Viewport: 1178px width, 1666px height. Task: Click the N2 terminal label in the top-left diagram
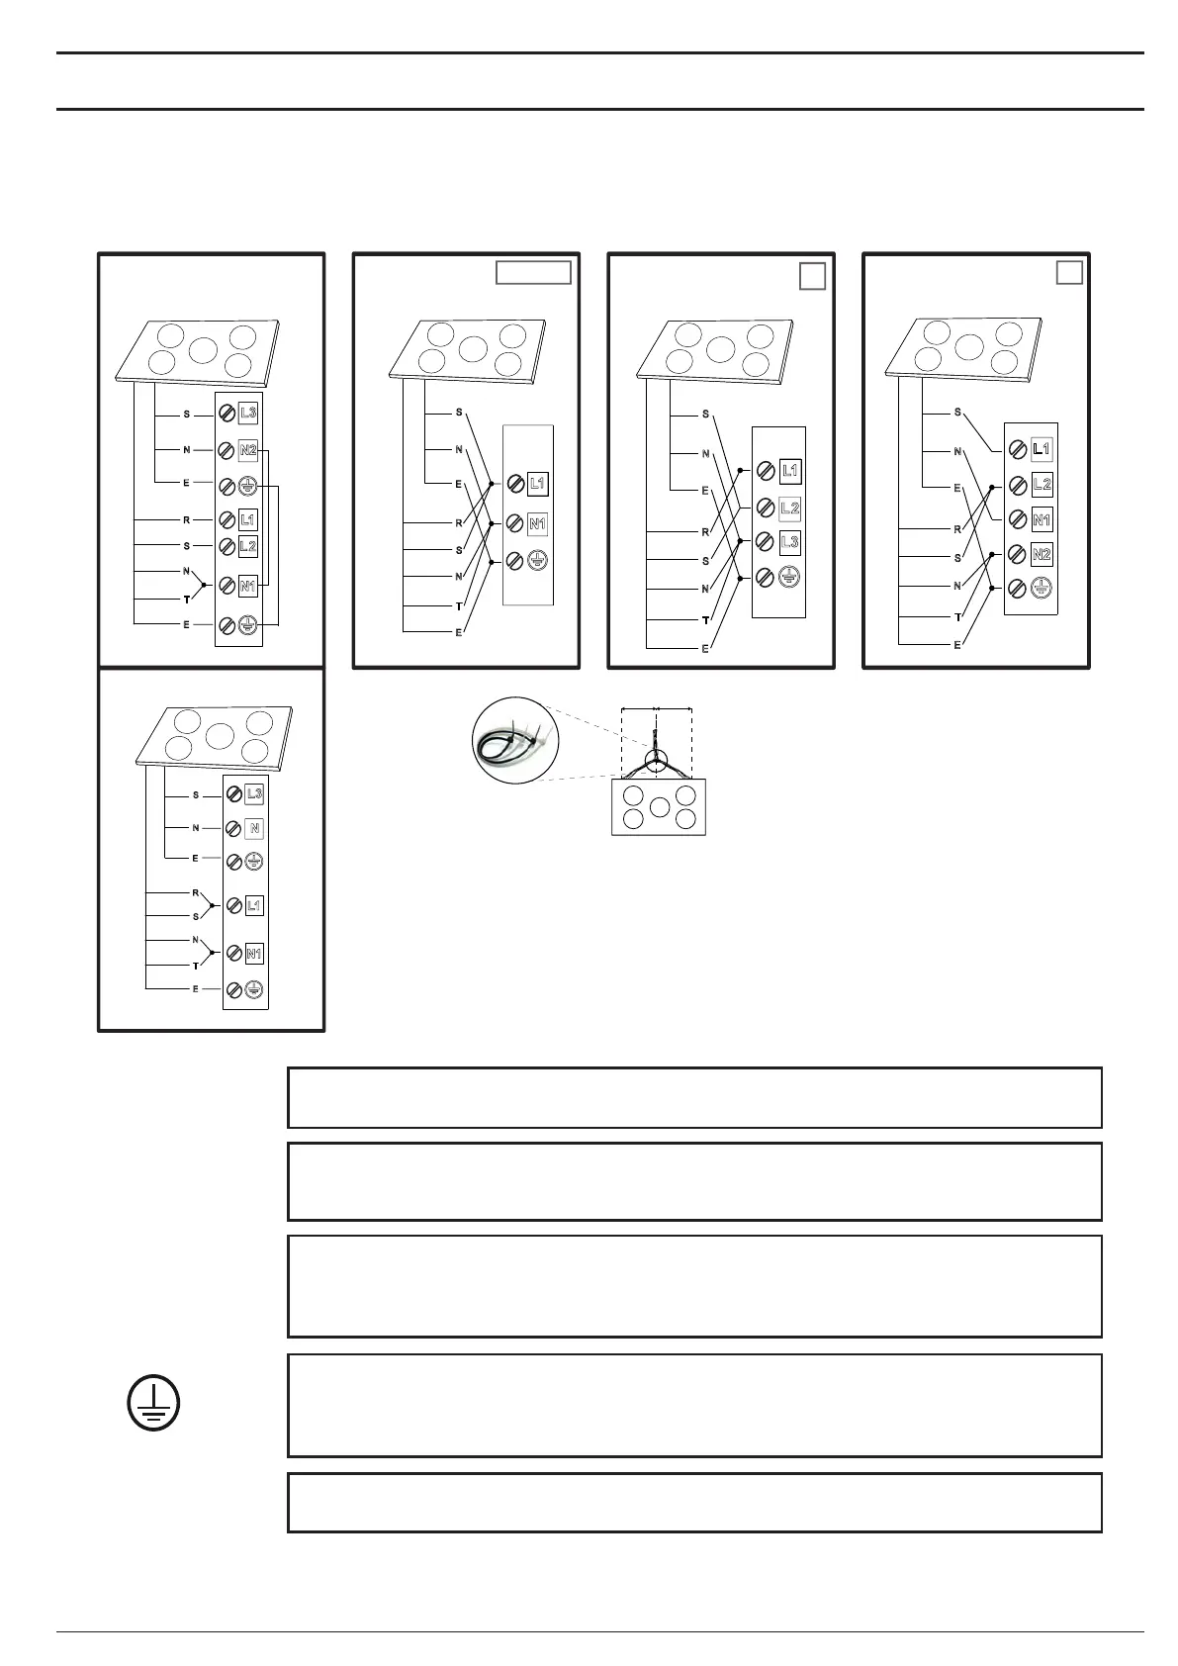point(247,450)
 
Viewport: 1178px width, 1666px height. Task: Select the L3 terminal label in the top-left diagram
point(248,412)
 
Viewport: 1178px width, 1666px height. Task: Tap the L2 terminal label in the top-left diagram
point(247,546)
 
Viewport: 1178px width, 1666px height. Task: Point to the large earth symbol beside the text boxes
point(153,1405)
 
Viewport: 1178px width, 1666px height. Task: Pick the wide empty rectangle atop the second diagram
point(533,272)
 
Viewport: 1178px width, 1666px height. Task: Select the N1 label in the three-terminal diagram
point(537,523)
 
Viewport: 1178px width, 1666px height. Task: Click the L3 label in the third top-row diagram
point(789,542)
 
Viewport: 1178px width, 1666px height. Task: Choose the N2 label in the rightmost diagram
point(1041,554)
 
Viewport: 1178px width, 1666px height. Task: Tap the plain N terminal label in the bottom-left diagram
point(254,828)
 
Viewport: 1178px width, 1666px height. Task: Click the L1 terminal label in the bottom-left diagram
point(254,905)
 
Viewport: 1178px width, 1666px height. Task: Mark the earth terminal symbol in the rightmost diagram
point(1041,589)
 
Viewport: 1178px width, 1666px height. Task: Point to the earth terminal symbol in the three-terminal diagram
point(537,560)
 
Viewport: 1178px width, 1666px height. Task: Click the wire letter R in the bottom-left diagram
point(196,892)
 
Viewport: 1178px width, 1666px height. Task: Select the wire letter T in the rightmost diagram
point(957,616)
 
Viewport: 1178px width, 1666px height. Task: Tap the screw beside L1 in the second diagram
point(514,484)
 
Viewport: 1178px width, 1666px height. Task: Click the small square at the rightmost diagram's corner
point(1069,272)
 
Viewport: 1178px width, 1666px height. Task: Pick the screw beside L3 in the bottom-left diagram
point(234,793)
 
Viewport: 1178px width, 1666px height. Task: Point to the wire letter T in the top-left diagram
point(186,600)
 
